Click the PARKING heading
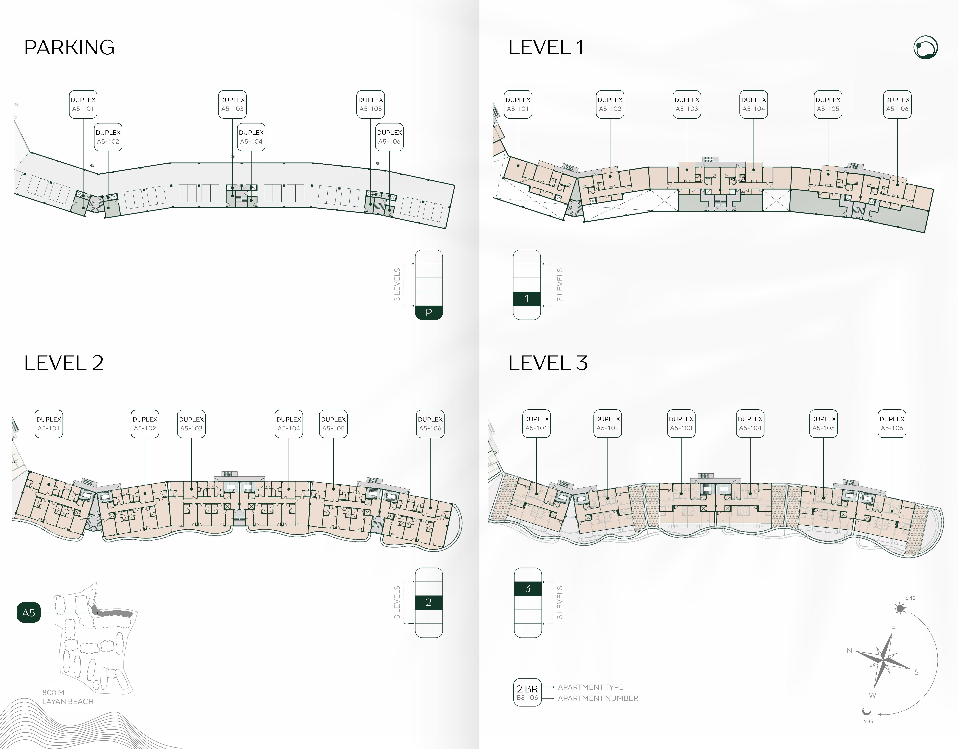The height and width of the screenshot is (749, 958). point(69,47)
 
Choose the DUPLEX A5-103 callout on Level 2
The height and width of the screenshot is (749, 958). point(191,424)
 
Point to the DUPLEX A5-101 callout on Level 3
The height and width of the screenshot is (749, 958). point(536,424)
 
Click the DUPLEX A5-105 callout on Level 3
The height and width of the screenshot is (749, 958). point(823,424)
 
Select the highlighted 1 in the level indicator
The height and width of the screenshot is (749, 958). point(527,299)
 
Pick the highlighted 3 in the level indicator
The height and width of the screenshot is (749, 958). point(528,589)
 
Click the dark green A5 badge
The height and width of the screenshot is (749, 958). point(28,613)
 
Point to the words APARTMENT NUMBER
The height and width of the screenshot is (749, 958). point(598,698)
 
